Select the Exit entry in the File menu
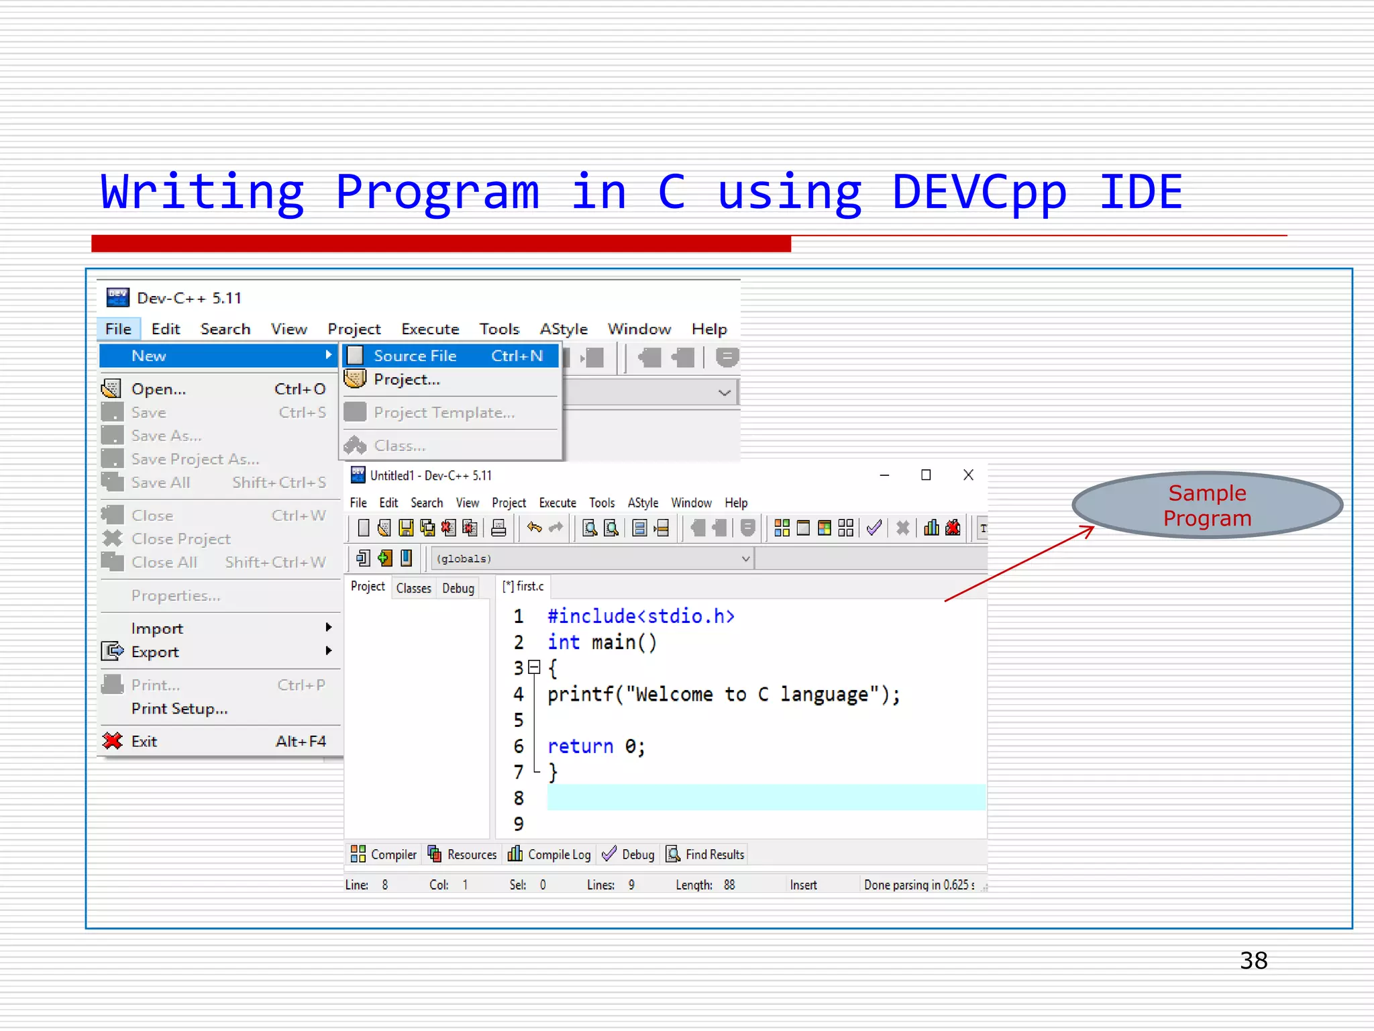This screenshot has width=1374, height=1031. (144, 742)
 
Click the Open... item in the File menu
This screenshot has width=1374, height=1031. (158, 389)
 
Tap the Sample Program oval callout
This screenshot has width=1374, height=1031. (1206, 505)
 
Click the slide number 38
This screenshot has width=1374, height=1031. (1253, 961)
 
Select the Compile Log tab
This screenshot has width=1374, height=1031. (550, 854)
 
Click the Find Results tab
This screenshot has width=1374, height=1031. (706, 854)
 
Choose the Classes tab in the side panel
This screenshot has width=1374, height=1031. (413, 589)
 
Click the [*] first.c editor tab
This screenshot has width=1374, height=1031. (523, 587)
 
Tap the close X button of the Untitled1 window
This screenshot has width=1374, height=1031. (968, 475)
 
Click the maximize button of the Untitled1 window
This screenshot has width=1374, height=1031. (926, 475)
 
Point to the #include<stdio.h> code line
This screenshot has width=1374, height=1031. (641, 616)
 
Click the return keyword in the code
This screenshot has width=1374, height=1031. (580, 746)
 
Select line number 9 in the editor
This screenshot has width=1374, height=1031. (519, 824)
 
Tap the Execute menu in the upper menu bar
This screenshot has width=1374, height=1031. (430, 329)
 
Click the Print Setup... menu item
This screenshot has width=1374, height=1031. (179, 709)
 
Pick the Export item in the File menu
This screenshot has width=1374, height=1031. (155, 652)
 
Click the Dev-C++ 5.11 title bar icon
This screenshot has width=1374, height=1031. (118, 297)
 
